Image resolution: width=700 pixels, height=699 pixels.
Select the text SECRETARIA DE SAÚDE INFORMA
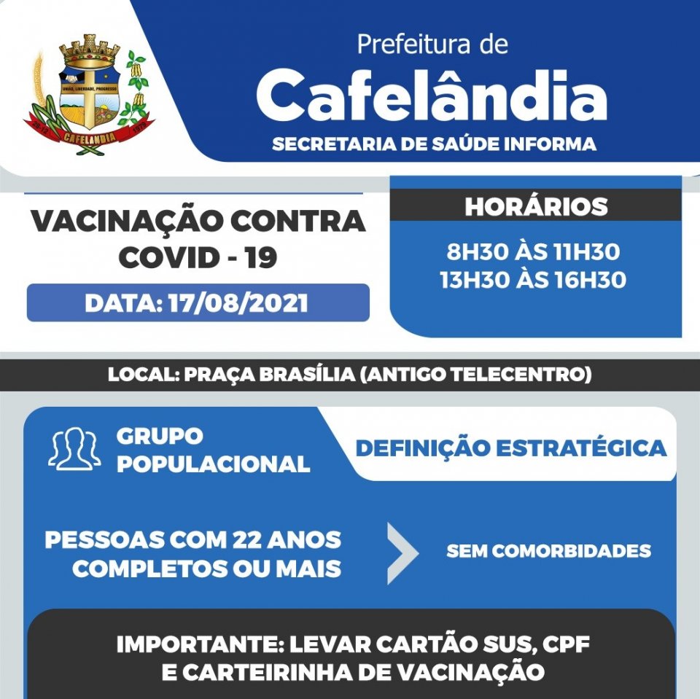[434, 144]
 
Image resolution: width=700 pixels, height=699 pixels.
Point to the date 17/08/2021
[237, 303]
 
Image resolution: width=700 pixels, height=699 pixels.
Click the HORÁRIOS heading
[536, 206]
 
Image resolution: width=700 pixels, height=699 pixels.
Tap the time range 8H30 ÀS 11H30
[533, 252]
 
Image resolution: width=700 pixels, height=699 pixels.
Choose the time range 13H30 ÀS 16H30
[533, 280]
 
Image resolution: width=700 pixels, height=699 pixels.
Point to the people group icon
[74, 449]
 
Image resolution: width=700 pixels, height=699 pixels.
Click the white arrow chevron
[402, 552]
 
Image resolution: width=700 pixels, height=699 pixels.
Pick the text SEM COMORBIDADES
[548, 551]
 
